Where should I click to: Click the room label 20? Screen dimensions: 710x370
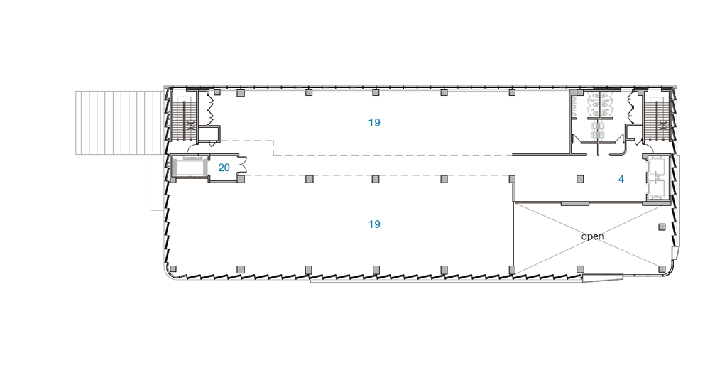pos(224,168)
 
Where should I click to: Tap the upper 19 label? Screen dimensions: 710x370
pos(374,122)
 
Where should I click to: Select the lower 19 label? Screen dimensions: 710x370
pos(374,224)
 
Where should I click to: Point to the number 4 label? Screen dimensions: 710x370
pos(621,180)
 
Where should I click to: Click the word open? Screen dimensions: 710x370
pos(592,236)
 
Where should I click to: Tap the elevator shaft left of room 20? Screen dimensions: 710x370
pos(190,167)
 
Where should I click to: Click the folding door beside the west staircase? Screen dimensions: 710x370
pos(210,109)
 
